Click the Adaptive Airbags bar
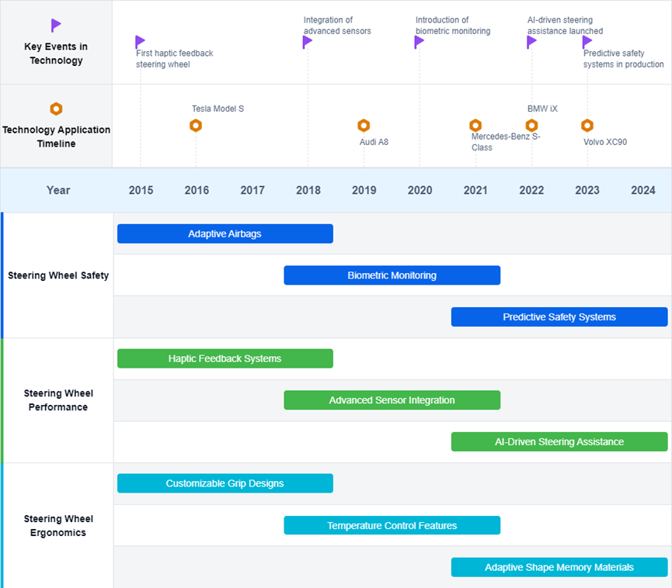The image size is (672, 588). [x=225, y=233]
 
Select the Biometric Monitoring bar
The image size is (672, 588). [x=392, y=275]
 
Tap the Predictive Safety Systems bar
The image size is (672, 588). [x=559, y=316]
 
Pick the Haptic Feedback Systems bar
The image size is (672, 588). [x=225, y=358]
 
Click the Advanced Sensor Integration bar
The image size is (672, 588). [x=392, y=400]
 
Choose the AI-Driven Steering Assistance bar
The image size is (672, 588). [x=559, y=441]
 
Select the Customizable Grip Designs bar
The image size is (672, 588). [x=225, y=483]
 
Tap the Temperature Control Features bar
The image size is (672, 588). [x=392, y=525]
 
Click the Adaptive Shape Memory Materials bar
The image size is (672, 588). [x=559, y=567]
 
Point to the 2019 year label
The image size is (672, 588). [x=364, y=190]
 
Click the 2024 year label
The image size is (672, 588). [x=642, y=190]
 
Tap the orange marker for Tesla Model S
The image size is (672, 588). [x=196, y=126]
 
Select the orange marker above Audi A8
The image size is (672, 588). [x=364, y=126]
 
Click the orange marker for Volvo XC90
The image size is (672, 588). [x=587, y=126]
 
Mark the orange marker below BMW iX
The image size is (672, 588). [x=532, y=126]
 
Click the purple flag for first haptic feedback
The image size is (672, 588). [x=140, y=42]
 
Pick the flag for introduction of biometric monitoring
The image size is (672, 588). [x=419, y=42]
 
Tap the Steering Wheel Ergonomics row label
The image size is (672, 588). [x=58, y=525]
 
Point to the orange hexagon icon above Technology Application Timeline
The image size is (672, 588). [x=56, y=109]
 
